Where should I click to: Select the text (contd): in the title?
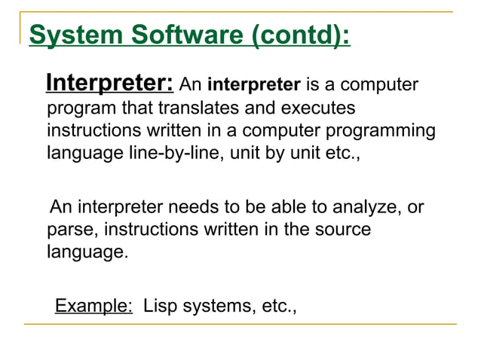pyautogui.click(x=301, y=35)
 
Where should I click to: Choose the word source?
pyautogui.click(x=339, y=229)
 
